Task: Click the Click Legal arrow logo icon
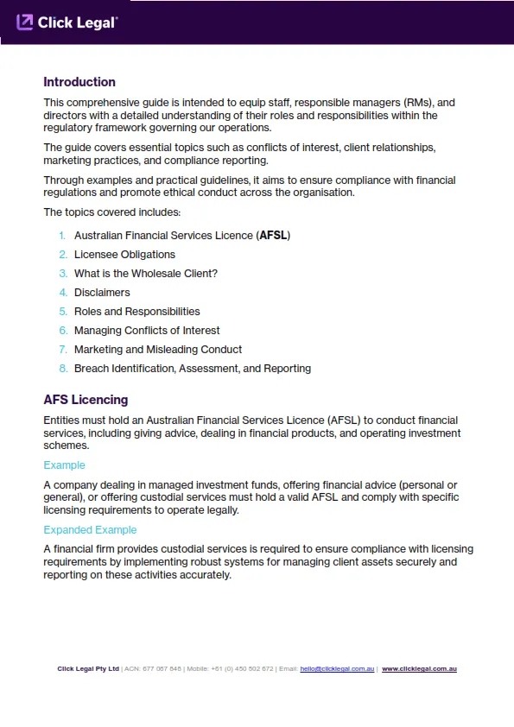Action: coord(25,22)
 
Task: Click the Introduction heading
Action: coord(79,82)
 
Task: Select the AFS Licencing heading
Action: coord(86,400)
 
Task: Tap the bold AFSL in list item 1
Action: coord(274,236)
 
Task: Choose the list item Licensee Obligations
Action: coord(124,255)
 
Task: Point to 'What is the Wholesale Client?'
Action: coord(146,274)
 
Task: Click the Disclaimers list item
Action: coord(102,293)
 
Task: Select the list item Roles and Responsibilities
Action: coord(136,312)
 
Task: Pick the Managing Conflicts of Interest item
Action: coord(147,331)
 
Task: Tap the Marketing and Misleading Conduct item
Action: coord(158,350)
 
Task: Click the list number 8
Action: coord(63,369)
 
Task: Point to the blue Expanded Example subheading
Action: coord(90,530)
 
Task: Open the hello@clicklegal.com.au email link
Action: coord(337,669)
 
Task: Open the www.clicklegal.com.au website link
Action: coord(419,669)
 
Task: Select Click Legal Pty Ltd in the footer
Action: coord(88,669)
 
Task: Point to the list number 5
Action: coord(63,312)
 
